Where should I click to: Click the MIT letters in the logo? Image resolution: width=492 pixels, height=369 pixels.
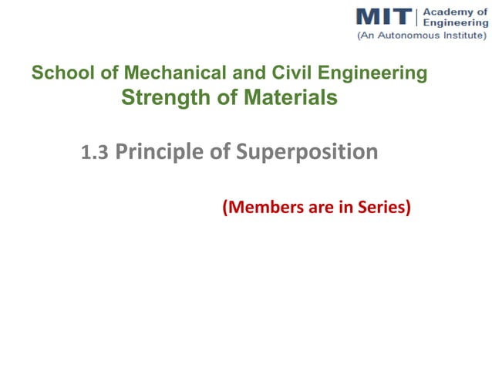point(384,16)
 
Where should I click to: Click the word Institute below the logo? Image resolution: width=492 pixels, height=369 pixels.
point(460,36)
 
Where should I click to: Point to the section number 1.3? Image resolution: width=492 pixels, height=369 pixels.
point(94,154)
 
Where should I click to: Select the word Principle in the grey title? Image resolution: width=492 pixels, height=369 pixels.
point(159,153)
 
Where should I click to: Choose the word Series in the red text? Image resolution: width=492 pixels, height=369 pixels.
point(382,208)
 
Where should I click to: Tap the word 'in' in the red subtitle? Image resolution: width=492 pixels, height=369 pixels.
point(342,208)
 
